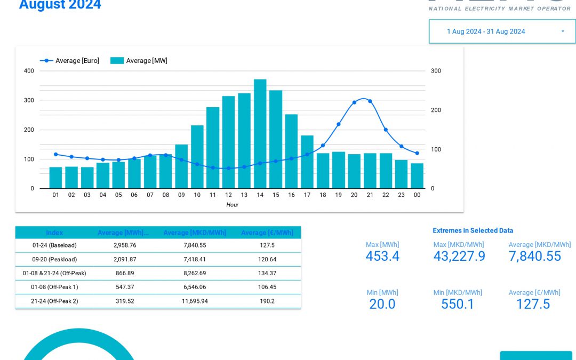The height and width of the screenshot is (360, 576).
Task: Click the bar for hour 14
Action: [260, 134]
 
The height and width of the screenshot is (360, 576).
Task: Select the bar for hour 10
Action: [197, 157]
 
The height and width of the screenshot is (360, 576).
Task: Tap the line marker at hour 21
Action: [370, 101]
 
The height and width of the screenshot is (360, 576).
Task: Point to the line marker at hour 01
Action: [55, 154]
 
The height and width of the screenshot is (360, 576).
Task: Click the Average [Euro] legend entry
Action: [70, 61]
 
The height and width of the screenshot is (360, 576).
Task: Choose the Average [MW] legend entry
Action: [139, 61]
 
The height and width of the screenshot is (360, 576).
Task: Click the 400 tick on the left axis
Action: [29, 71]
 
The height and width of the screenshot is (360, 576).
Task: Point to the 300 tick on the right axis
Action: [436, 71]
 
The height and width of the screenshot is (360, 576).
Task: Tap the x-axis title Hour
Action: [232, 205]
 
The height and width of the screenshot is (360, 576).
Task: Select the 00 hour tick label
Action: [417, 195]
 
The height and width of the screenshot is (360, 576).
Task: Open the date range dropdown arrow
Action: [562, 31]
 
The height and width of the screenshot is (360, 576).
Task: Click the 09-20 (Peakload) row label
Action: [54, 259]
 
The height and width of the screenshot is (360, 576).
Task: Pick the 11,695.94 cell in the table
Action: [195, 301]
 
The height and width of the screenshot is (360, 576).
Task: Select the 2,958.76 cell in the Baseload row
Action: [125, 245]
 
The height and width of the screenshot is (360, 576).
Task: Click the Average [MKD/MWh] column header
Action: [195, 233]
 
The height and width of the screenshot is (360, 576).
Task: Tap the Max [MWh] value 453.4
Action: [382, 257]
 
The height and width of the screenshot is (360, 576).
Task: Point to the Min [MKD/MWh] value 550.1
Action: [458, 304]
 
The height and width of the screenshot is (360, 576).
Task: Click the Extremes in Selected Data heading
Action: [473, 230]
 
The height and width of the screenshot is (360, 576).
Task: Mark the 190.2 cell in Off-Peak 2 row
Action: [267, 301]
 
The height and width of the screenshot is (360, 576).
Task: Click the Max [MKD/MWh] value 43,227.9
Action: [459, 257]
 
